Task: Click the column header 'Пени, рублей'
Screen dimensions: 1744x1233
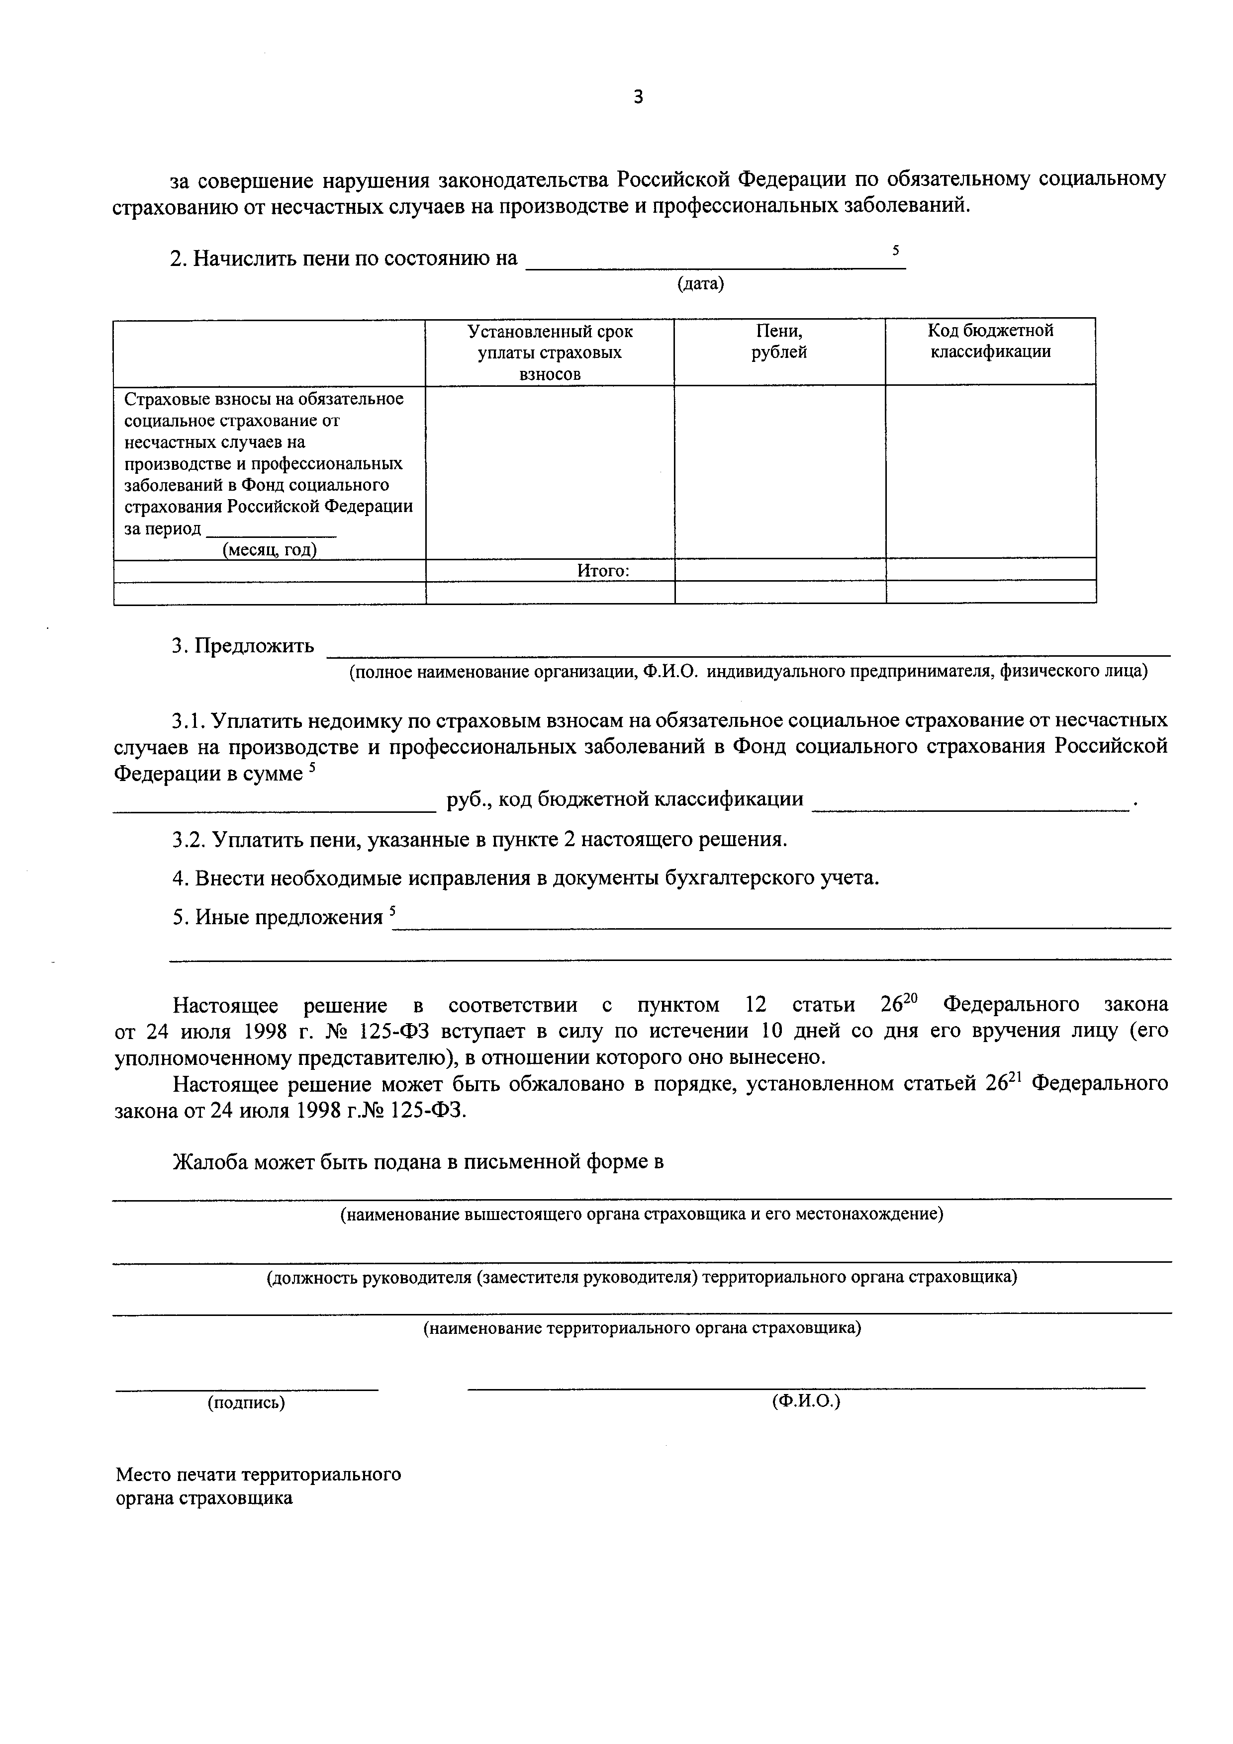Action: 779,342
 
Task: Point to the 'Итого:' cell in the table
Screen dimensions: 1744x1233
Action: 603,570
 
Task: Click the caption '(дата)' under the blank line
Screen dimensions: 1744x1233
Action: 700,284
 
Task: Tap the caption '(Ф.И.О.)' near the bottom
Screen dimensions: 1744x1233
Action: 806,1401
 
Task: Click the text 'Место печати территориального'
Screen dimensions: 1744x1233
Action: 258,1475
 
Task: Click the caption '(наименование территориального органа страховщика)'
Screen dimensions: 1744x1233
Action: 642,1328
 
